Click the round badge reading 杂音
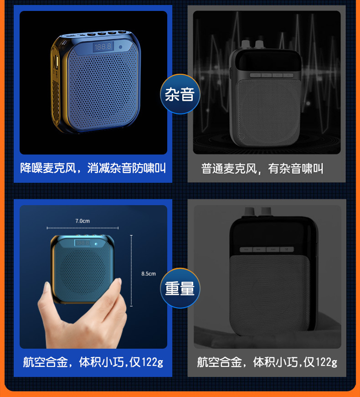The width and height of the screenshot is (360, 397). coord(180,94)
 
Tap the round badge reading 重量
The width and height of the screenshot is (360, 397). coord(180,288)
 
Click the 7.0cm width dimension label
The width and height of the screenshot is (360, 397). coord(82,221)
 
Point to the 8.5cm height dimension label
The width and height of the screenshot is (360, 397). coord(149,273)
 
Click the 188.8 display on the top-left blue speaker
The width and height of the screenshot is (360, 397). coord(103,46)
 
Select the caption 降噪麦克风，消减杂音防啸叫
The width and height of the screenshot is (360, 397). coord(93,168)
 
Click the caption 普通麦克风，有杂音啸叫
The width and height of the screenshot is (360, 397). coord(262,168)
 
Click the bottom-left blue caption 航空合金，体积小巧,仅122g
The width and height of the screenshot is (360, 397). coord(93,362)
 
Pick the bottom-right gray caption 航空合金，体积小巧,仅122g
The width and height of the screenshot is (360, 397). coord(267,362)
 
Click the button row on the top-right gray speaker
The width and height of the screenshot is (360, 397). coord(272,75)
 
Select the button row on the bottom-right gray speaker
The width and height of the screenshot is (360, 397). coord(267,249)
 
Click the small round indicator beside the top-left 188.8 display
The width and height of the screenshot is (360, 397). coord(120,47)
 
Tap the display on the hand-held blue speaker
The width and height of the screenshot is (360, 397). coord(82,243)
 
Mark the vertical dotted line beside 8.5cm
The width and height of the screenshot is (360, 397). coord(131,271)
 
